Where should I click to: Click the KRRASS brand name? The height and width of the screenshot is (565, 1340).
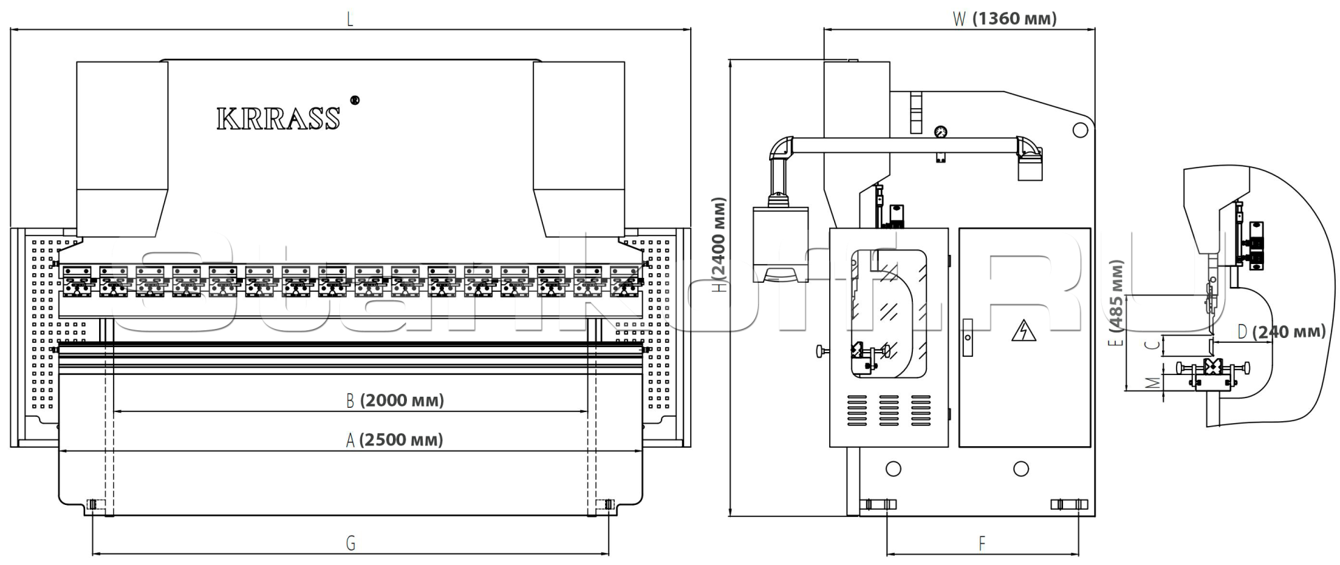(x=278, y=119)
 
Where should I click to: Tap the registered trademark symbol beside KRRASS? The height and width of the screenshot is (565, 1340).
(x=355, y=101)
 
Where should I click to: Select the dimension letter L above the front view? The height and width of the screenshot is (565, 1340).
(x=350, y=20)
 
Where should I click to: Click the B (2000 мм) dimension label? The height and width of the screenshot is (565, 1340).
(x=395, y=400)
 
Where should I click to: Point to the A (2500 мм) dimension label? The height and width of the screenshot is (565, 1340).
(x=394, y=440)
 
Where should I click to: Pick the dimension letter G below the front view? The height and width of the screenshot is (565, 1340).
(x=350, y=543)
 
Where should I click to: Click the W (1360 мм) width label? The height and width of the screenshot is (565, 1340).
(x=1005, y=19)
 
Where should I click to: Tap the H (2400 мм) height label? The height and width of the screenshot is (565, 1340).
(x=720, y=244)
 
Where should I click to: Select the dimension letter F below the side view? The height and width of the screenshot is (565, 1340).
(x=982, y=543)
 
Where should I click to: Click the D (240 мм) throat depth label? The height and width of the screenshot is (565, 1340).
(x=1281, y=332)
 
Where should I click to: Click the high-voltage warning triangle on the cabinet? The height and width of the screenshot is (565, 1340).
(x=1023, y=331)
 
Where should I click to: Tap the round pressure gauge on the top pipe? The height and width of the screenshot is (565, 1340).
(x=941, y=131)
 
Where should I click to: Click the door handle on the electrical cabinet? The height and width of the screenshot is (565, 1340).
(x=967, y=337)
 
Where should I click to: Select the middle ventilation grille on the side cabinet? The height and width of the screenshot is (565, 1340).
(x=888, y=411)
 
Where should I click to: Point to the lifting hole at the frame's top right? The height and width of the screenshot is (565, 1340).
(x=1080, y=130)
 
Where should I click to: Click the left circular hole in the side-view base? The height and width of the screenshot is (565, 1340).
(x=893, y=469)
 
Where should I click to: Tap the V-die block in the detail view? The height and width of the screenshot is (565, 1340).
(x=1213, y=367)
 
